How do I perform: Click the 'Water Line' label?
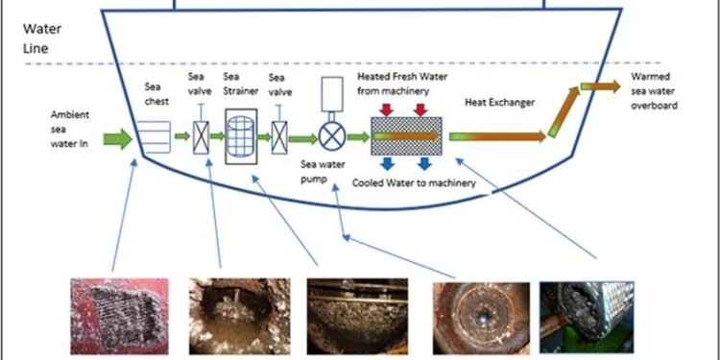[41, 36]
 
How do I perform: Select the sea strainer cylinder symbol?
[244, 136]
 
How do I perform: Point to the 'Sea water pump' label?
[321, 171]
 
